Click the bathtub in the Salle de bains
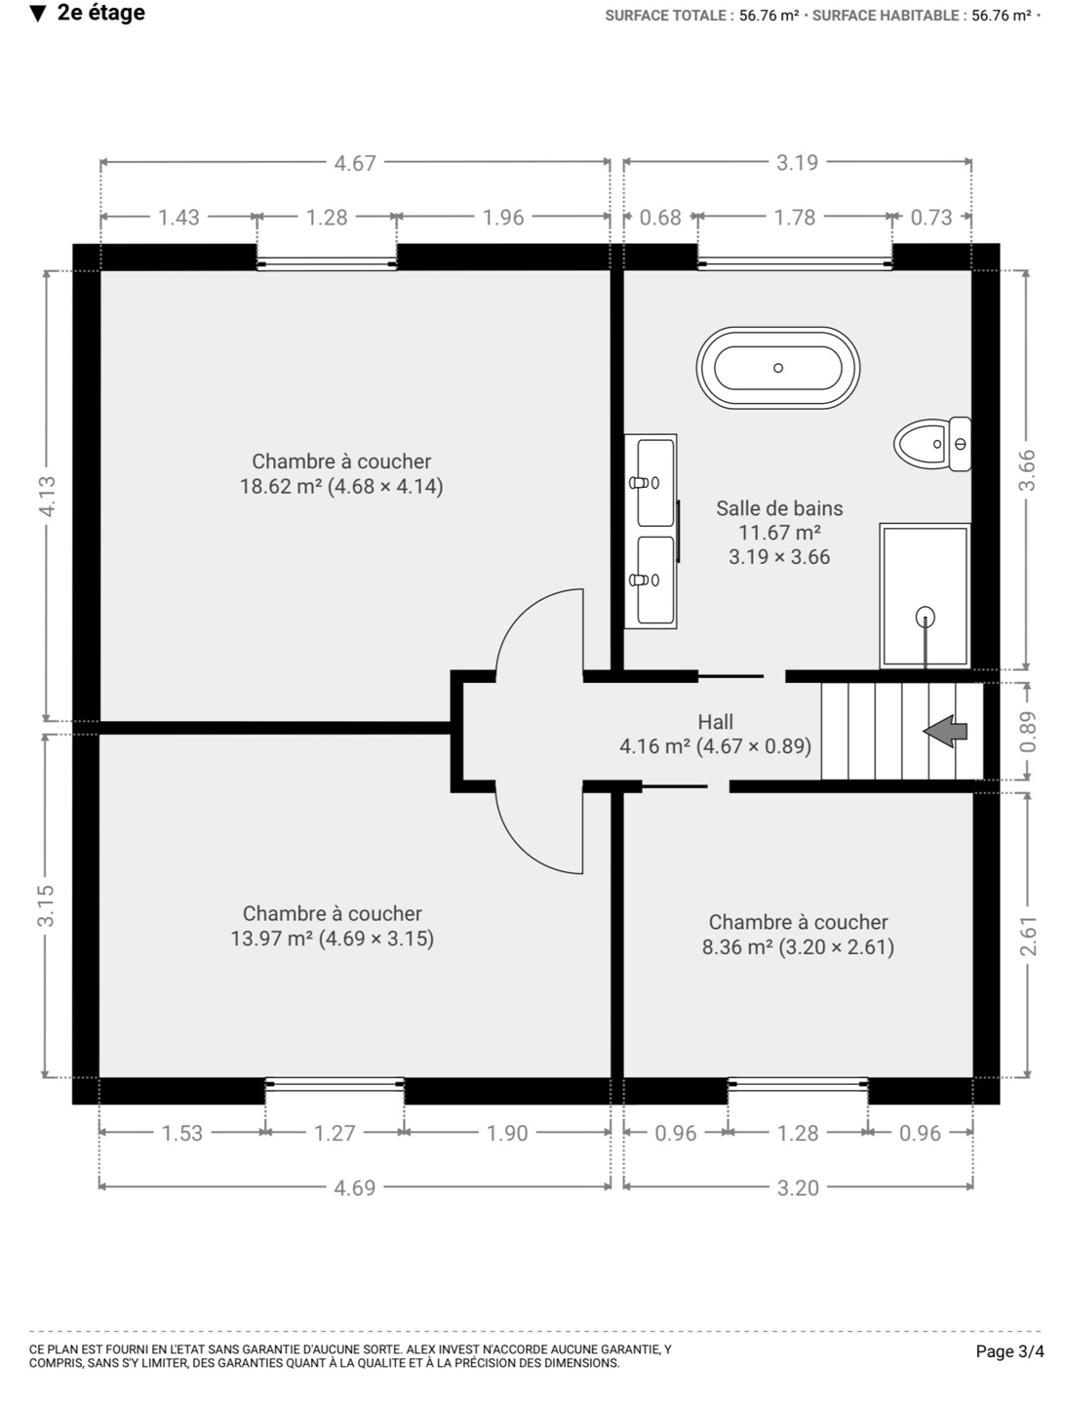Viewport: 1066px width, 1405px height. tap(777, 368)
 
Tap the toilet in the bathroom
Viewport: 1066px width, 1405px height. tap(932, 444)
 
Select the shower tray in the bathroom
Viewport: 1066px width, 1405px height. tap(925, 596)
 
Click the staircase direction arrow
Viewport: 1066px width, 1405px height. tap(944, 731)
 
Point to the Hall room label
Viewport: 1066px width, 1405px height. tap(715, 721)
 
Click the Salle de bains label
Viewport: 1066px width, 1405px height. tap(779, 508)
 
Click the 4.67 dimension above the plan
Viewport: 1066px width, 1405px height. tap(354, 163)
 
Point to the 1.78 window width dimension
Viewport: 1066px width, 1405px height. tap(795, 218)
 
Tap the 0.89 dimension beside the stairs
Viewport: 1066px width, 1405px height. tap(1027, 732)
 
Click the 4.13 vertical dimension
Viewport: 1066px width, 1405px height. tap(47, 496)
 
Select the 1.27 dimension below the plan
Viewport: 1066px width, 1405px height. tap(334, 1134)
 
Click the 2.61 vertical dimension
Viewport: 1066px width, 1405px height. tap(1028, 937)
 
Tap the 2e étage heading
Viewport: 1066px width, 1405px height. tap(101, 13)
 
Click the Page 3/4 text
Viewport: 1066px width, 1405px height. tap(1009, 1352)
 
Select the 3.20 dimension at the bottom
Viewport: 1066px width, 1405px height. tap(798, 1188)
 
